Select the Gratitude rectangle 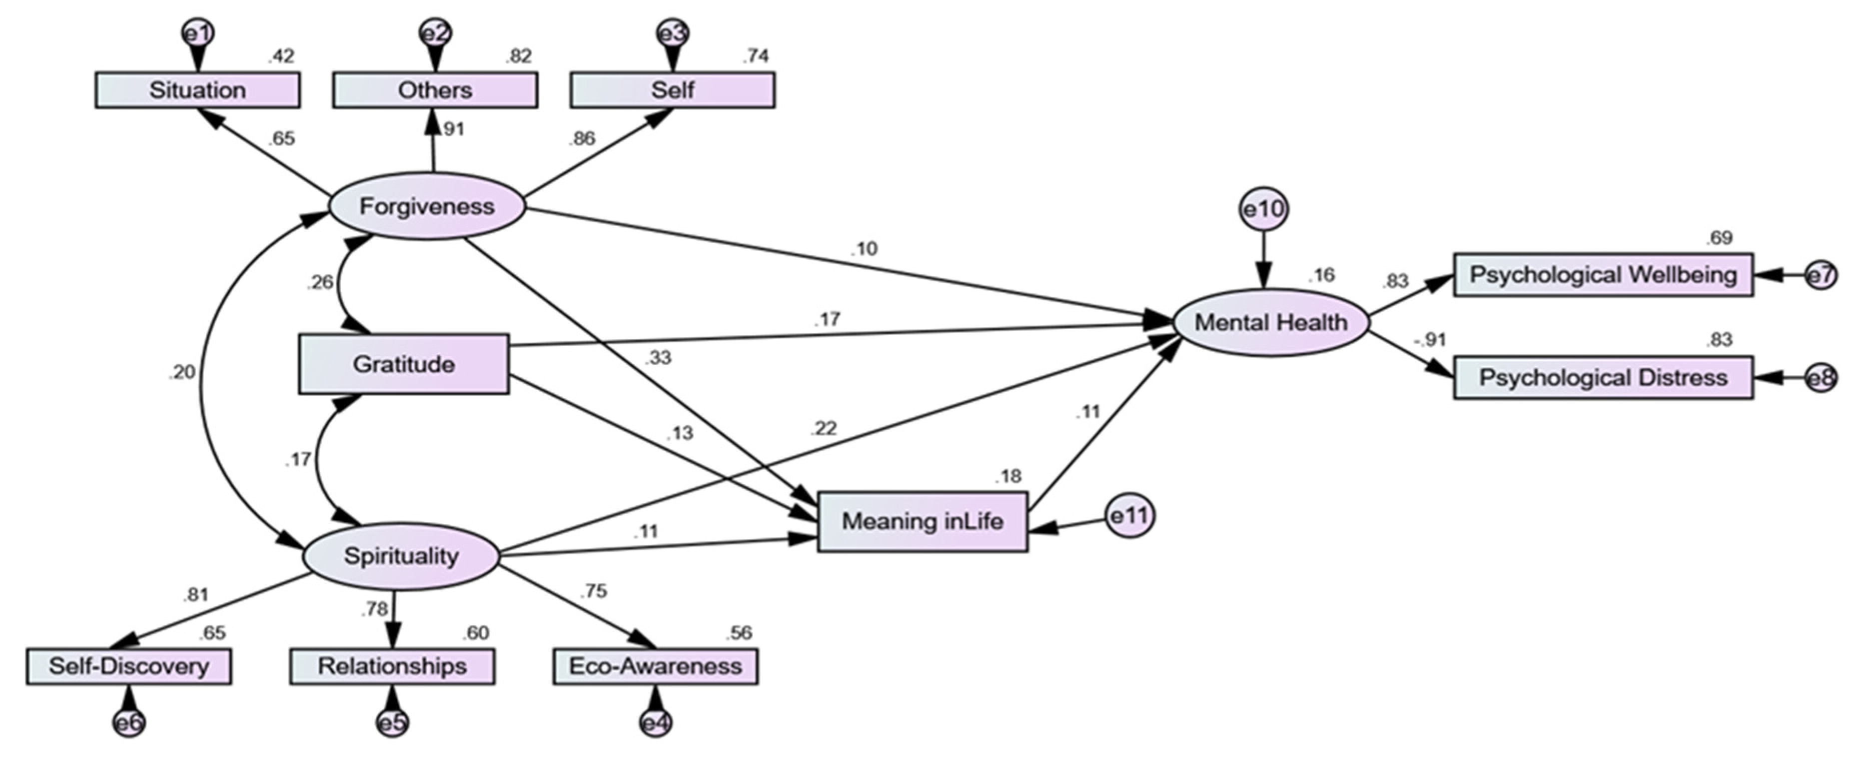(403, 364)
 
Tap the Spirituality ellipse (401, 555)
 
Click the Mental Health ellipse (1271, 322)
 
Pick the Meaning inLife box (922, 521)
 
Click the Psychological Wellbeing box (1603, 274)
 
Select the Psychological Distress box (1603, 377)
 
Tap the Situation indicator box (197, 90)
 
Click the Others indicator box (434, 90)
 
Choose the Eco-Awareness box (655, 666)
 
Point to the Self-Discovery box (129, 666)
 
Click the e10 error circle (1263, 209)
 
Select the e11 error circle (1129, 516)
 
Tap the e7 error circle (1820, 275)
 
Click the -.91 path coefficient (1429, 339)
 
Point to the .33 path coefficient (657, 358)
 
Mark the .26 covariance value (320, 282)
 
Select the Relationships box (392, 666)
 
